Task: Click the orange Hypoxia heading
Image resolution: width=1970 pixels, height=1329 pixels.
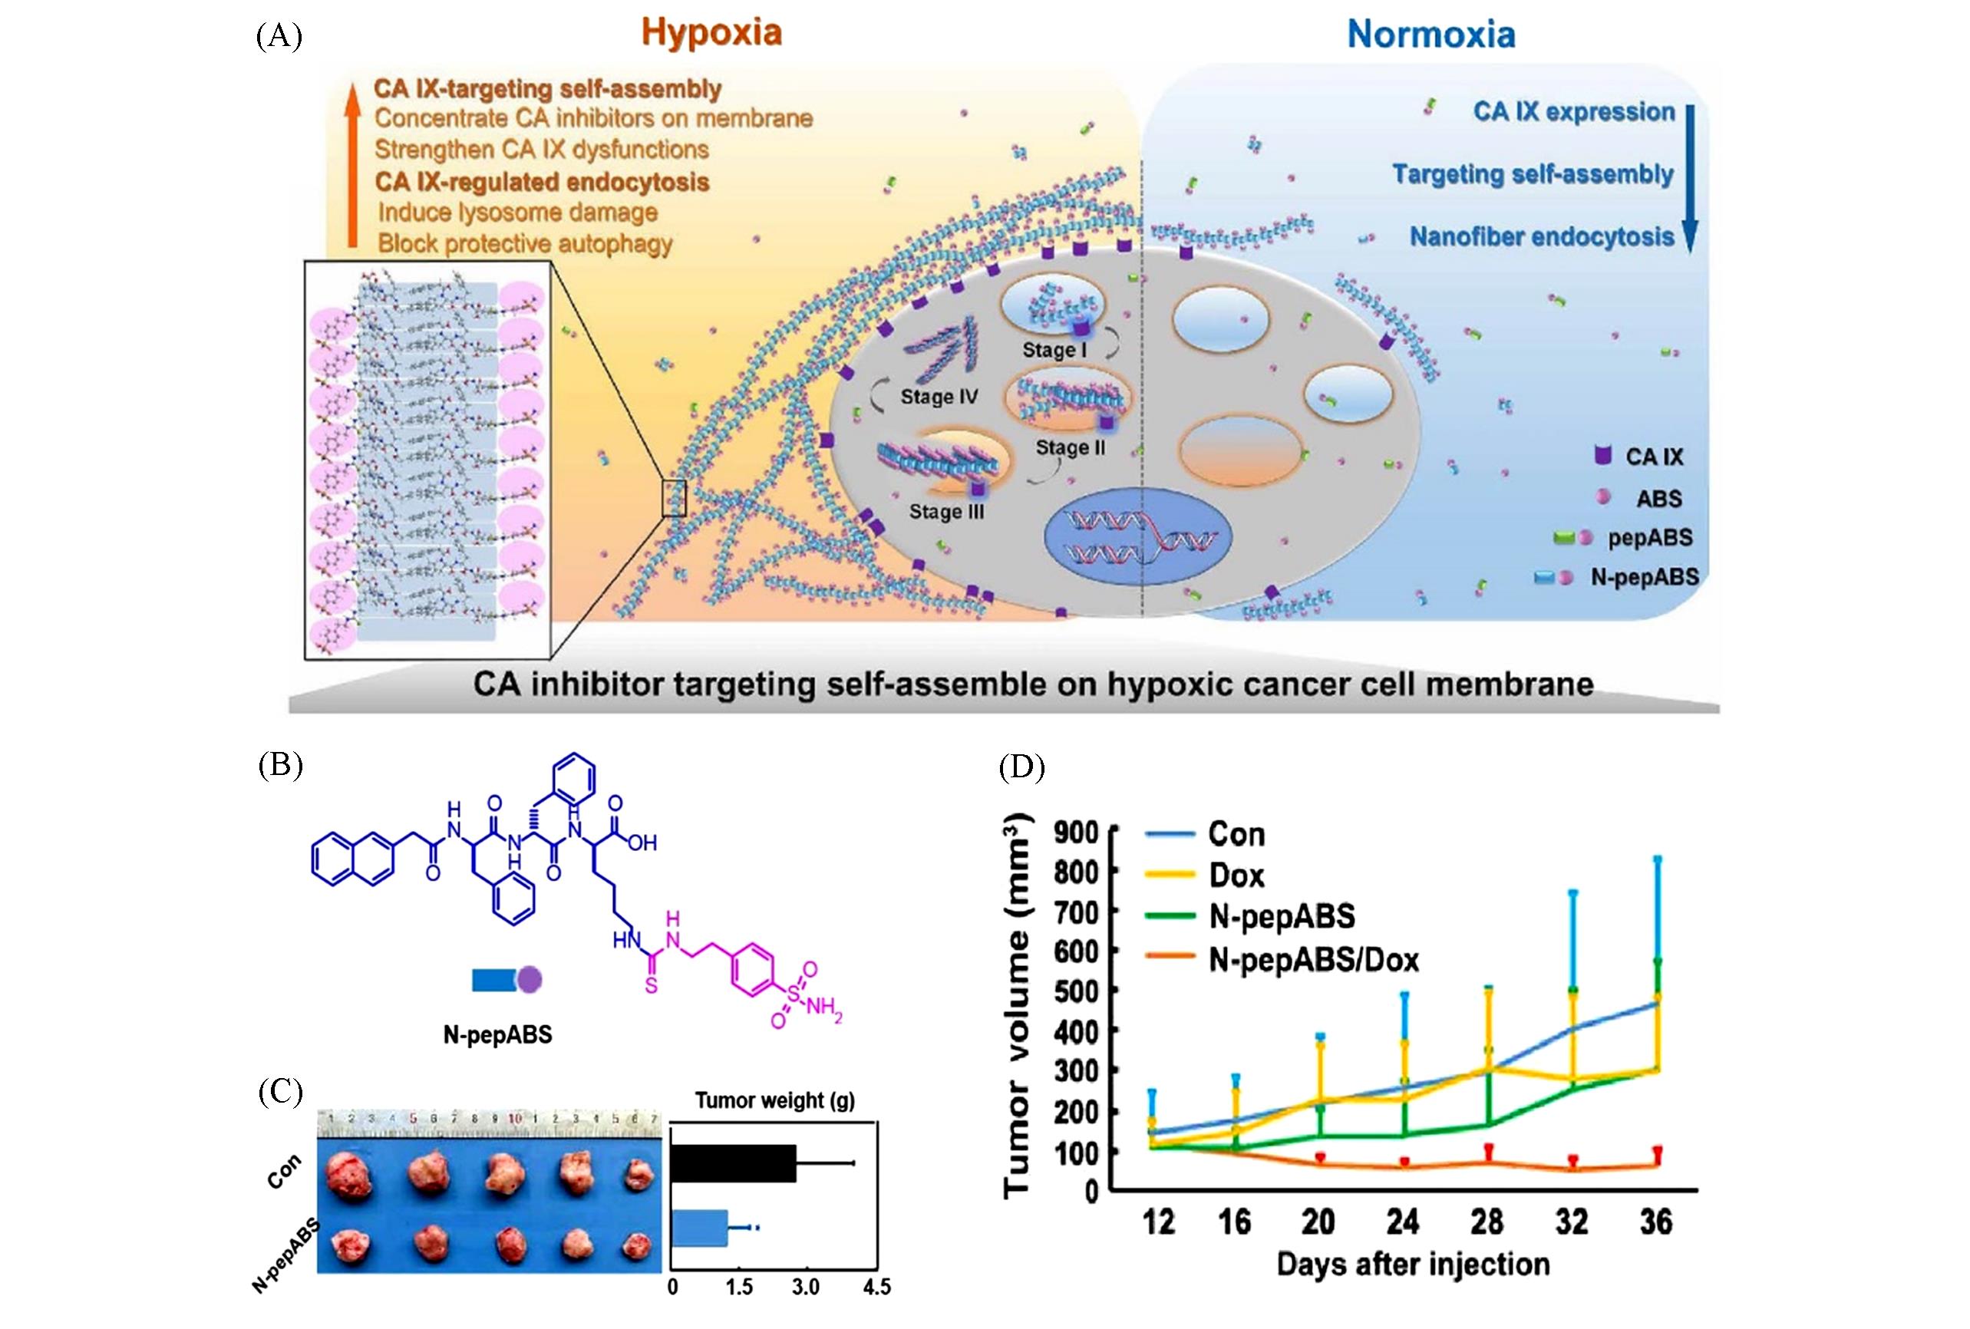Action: click(x=711, y=33)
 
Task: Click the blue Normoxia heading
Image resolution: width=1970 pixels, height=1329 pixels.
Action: click(x=1430, y=35)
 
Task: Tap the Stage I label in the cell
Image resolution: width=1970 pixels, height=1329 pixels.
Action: click(x=1054, y=349)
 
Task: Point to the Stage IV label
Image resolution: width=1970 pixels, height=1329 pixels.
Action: click(x=939, y=396)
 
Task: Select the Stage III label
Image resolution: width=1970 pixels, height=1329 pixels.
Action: click(x=947, y=511)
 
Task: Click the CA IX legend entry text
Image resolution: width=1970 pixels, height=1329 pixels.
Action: click(x=1654, y=457)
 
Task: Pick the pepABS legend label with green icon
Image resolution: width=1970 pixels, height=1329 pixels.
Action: click(x=1649, y=537)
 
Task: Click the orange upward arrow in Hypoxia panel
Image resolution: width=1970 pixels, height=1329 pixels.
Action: click(x=352, y=161)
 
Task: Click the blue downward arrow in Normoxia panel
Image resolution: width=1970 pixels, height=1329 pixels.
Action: click(x=1688, y=178)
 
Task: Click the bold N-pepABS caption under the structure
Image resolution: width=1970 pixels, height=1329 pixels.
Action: click(x=497, y=1034)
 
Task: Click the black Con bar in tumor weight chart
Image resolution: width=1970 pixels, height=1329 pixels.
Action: click(x=733, y=1163)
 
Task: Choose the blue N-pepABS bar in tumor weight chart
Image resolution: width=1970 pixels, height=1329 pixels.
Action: click(x=699, y=1226)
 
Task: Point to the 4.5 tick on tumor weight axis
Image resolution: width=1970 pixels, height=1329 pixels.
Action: click(x=876, y=1287)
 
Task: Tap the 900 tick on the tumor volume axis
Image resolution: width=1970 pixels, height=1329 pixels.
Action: click(x=1076, y=832)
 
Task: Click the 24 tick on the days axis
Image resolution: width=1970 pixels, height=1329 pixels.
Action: click(x=1402, y=1222)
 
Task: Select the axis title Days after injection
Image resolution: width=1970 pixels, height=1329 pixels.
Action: click(x=1413, y=1265)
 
